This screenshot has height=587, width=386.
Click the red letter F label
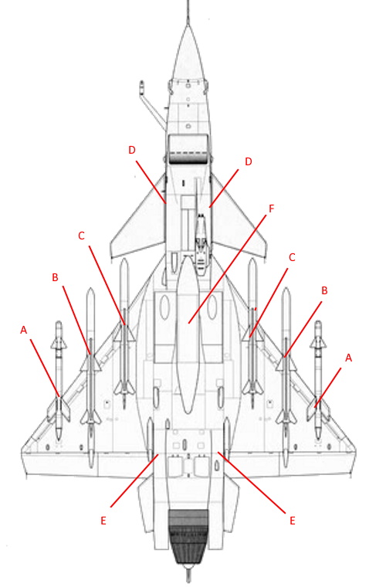point(272,209)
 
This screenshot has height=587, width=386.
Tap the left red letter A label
point(24,330)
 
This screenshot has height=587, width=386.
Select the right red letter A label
point(349,358)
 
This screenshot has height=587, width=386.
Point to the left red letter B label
point(55,277)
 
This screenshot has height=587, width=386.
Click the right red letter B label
point(325,290)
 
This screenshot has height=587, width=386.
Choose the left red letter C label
point(81,236)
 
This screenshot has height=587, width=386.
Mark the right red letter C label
point(292,257)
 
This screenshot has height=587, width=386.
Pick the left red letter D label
point(132,150)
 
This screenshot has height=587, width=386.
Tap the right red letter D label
point(249,161)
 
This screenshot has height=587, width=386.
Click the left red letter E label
point(103,521)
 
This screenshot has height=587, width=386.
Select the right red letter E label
point(293,521)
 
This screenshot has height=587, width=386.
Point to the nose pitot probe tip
point(188,2)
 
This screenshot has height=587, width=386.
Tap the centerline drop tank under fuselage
point(188,333)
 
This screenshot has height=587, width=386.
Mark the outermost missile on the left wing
point(59,380)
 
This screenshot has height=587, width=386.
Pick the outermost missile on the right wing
point(318,380)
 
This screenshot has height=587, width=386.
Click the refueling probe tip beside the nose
point(142,84)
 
